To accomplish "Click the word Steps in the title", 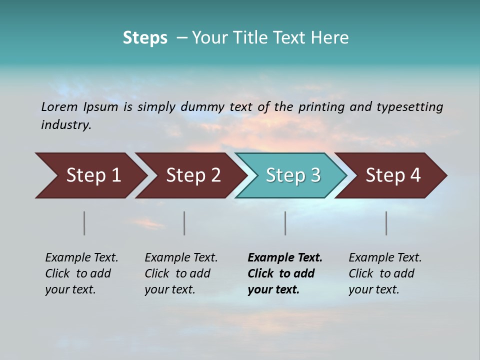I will (145, 38).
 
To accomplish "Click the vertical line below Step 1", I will (84, 223).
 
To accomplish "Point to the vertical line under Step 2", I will (184, 223).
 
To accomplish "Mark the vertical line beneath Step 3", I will (285, 223).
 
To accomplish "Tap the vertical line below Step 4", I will (386, 223).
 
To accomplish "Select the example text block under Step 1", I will (81, 273).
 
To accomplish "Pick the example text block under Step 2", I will (181, 273).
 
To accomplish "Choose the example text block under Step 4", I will (385, 273).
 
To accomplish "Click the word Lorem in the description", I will (59, 107).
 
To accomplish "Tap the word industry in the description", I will (65, 125).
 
